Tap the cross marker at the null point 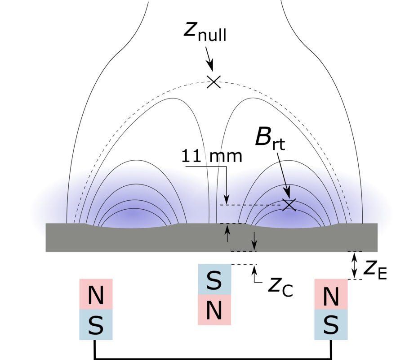214,82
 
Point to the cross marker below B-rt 289,205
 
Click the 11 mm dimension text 212,156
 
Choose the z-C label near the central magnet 280,288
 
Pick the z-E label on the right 375,270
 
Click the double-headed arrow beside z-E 355,265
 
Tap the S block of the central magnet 214,279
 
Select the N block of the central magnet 214,310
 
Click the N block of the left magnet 96,294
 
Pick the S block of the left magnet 96,324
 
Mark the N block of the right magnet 331,294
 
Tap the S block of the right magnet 331,324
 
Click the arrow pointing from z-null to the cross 209,59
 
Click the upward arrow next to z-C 254,274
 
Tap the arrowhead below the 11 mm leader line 227,200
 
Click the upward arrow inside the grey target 227,233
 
